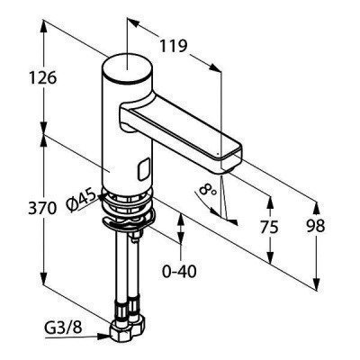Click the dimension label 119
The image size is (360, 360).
[174, 46]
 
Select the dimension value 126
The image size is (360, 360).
[42, 78]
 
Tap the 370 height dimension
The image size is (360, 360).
[42, 208]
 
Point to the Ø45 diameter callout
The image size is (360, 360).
[81, 201]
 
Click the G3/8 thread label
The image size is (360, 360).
[63, 329]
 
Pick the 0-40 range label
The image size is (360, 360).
[179, 272]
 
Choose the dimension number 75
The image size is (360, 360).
[269, 227]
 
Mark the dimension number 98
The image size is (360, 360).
[316, 226]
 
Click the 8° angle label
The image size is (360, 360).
[208, 190]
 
